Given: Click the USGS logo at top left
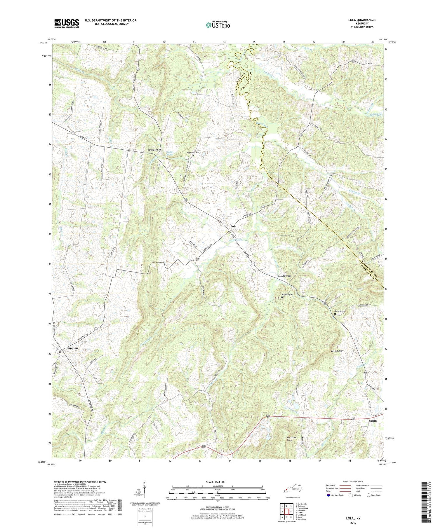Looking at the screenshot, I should pyautogui.click(x=67, y=23).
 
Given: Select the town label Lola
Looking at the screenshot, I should pyautogui.click(x=233, y=226).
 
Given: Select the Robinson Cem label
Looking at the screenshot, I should pyautogui.click(x=287, y=294).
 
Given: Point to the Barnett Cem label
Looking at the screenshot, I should pyautogui.click(x=340, y=311).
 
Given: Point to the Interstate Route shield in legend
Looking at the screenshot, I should pyautogui.click(x=329, y=495).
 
